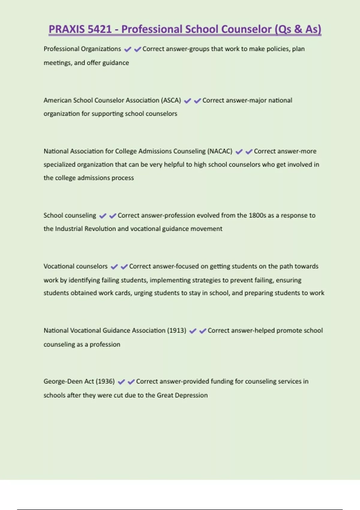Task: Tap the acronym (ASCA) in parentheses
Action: pyautogui.click(x=171, y=100)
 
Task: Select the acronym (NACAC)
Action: pyautogui.click(x=220, y=151)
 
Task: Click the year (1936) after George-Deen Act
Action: pyautogui.click(x=105, y=381)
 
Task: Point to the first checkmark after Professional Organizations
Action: pyautogui.click(x=127, y=49)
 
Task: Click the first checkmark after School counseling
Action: pyautogui.click(x=103, y=216)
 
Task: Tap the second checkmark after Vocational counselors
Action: pyautogui.click(x=124, y=266)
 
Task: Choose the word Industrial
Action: pyautogui.click(x=69, y=229)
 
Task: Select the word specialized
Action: pyautogui.click(x=59, y=164)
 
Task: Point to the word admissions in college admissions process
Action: pyautogui.click(x=93, y=178)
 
